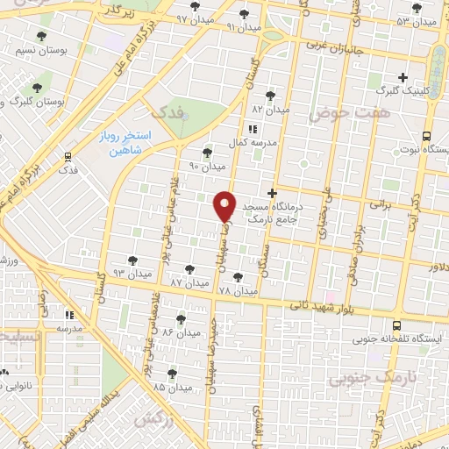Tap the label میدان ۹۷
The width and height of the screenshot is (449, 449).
[x=194, y=18]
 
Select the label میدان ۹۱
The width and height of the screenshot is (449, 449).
[x=244, y=27]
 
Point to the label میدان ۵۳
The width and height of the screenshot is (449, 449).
[x=416, y=20]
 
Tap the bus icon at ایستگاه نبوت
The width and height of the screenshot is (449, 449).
[x=426, y=136]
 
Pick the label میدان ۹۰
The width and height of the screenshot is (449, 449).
[x=209, y=166]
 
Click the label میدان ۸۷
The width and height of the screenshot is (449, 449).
[x=189, y=282]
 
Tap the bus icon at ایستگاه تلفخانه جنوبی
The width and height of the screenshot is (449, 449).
[x=397, y=325]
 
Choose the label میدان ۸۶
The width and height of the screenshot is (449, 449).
[x=180, y=332]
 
